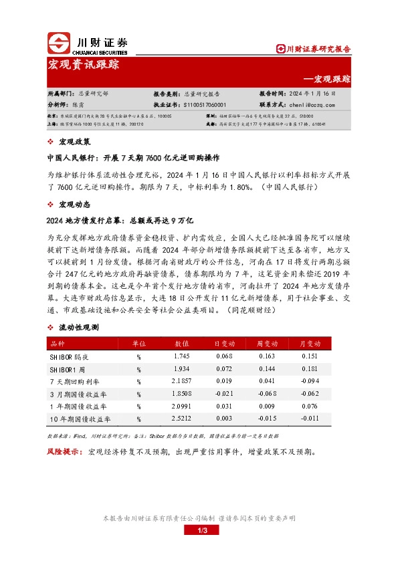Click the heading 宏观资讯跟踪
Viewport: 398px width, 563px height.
click(84, 65)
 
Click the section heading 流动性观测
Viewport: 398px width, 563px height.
click(78, 327)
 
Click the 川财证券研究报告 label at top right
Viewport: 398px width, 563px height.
click(314, 49)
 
